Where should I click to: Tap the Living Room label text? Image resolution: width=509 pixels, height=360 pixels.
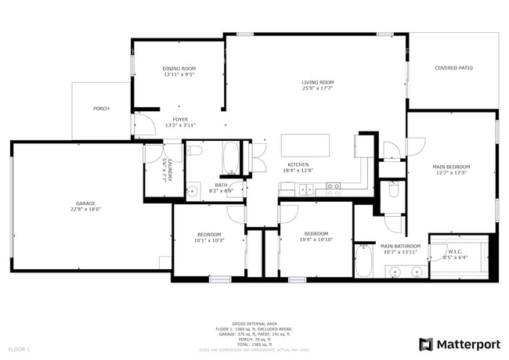coord(317,82)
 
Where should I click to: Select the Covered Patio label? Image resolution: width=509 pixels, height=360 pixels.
coord(453,68)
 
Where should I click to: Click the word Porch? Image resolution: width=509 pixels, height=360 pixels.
coord(101,108)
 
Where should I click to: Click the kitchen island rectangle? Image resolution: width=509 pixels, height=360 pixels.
coord(305,145)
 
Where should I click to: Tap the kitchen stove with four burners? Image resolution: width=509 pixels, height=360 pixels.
coord(334,187)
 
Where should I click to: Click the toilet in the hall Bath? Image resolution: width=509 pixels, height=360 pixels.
coord(196,150)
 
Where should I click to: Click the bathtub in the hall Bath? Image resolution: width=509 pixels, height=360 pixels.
coord(231,158)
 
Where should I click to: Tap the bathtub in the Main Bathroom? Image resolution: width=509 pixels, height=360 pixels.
coord(364,261)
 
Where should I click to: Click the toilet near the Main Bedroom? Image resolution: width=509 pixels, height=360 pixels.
coord(394,190)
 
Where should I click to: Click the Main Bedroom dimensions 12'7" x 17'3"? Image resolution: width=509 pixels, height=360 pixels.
coord(451,172)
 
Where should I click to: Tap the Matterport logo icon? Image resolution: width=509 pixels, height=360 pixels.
coord(426,344)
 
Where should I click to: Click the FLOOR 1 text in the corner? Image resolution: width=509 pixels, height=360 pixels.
coord(19,348)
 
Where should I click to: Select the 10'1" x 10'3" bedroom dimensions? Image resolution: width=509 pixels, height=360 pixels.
coord(209,240)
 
